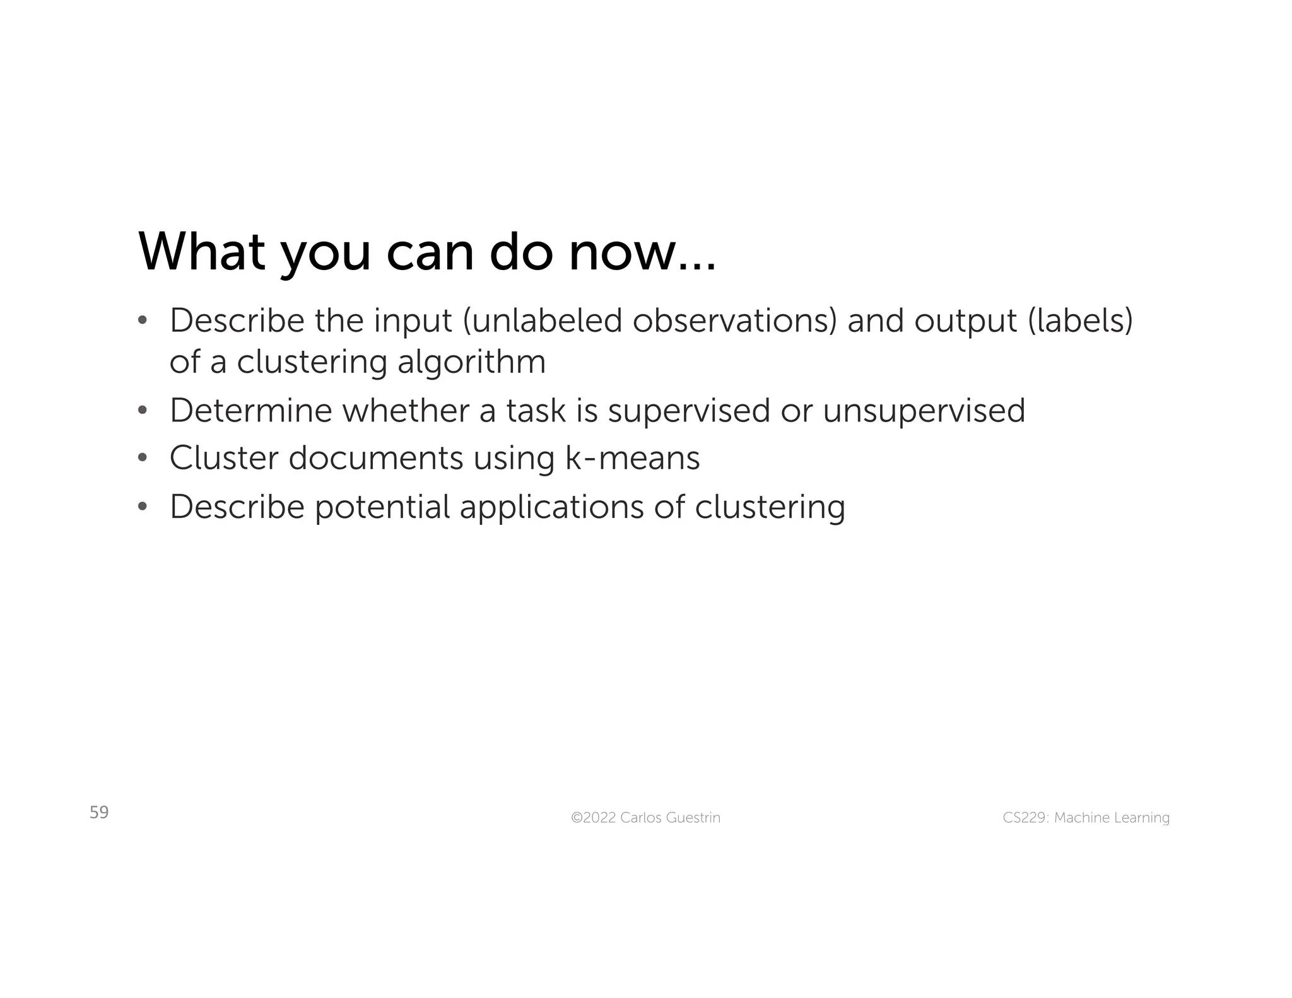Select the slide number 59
[x=99, y=812]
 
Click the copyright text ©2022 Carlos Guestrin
[x=645, y=818]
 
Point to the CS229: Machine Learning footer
[x=1086, y=818]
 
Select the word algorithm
[x=471, y=362]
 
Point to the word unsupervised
[x=924, y=411]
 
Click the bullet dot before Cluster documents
[x=143, y=458]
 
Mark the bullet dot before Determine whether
[x=143, y=411]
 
